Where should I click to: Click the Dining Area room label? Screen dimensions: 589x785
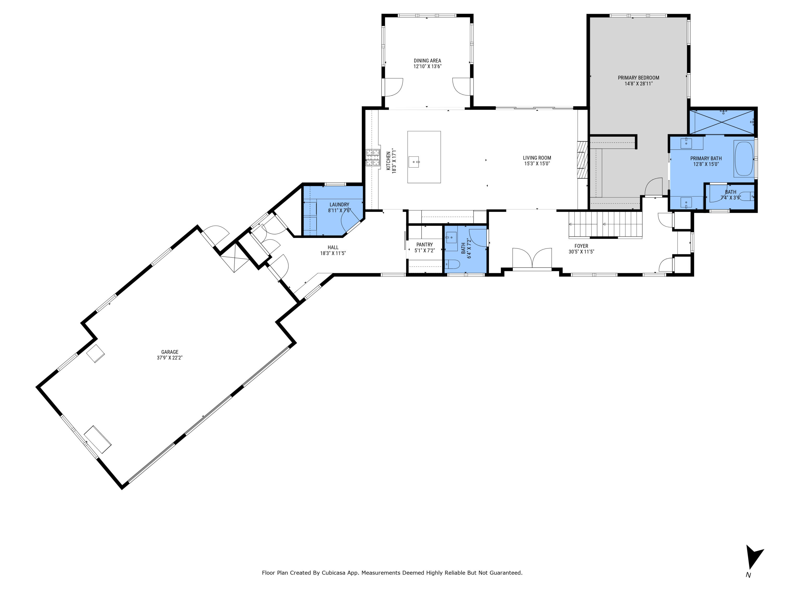pos(427,61)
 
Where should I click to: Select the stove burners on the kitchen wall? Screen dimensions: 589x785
pos(373,158)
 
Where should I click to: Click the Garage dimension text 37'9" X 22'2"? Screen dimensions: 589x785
pos(170,358)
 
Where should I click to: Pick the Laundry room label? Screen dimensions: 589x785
pos(339,204)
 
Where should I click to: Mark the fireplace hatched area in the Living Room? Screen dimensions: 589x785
pos(582,159)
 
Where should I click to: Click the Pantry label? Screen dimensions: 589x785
pos(424,245)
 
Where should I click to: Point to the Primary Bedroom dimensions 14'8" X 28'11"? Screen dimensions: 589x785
pos(638,84)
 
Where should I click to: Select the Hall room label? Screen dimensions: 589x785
pos(333,247)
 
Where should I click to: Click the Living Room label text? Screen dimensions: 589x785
pos(537,158)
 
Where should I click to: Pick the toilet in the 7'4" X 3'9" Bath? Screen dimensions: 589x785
pos(747,196)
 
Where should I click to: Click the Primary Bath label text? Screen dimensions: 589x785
pos(706,158)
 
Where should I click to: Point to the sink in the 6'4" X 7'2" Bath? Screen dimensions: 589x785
pos(451,237)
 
